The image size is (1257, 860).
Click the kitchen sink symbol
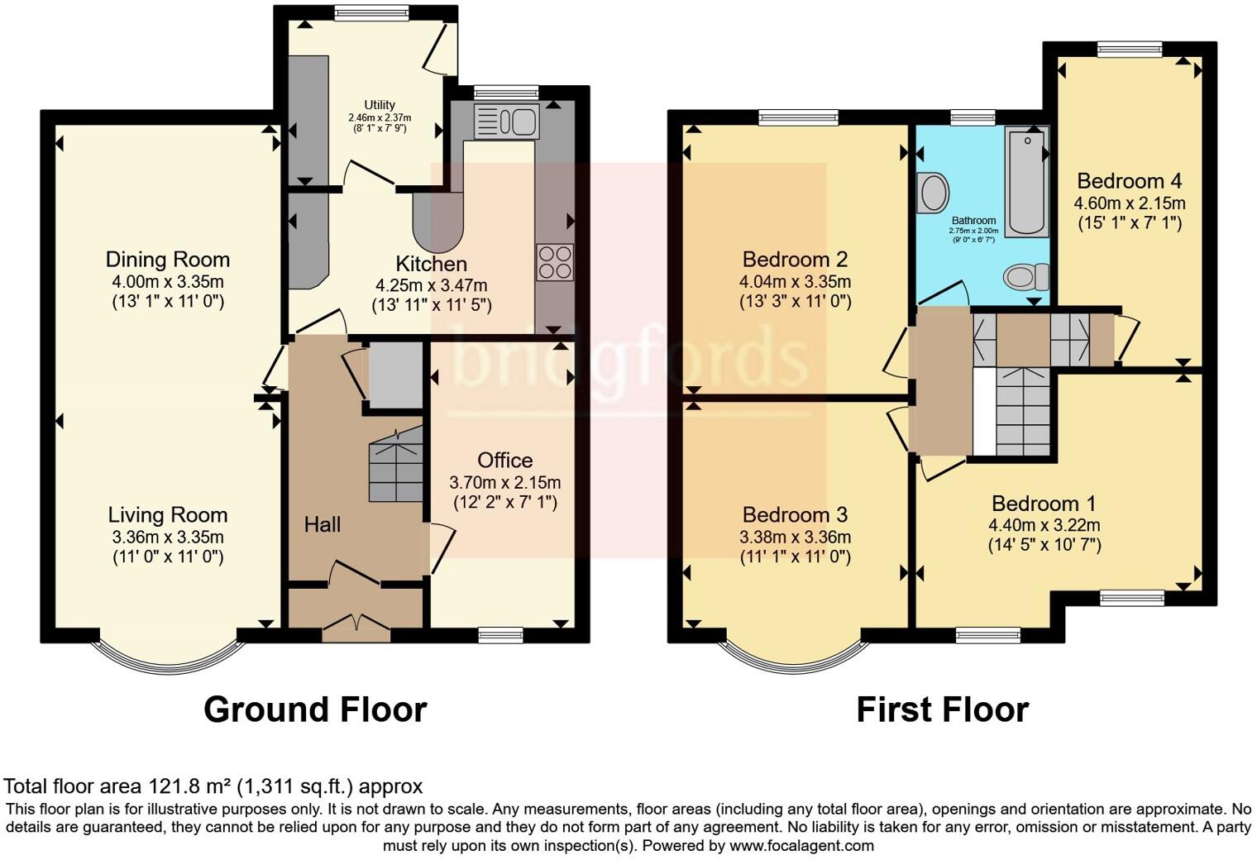(506, 122)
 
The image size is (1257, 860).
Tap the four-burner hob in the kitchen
(554, 262)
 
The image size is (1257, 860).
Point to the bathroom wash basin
(934, 193)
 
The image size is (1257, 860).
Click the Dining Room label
(167, 260)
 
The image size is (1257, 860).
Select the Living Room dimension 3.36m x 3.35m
(168, 537)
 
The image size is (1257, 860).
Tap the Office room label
(504, 461)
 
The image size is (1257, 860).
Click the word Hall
(322, 524)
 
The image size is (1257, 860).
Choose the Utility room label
(380, 105)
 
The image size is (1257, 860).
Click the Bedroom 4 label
(1129, 181)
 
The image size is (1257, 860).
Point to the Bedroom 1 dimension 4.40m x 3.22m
(1044, 525)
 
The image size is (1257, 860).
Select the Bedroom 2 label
(795, 259)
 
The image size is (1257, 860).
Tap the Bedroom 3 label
(795, 515)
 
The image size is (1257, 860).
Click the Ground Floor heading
(314, 709)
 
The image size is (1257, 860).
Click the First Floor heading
(942, 709)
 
